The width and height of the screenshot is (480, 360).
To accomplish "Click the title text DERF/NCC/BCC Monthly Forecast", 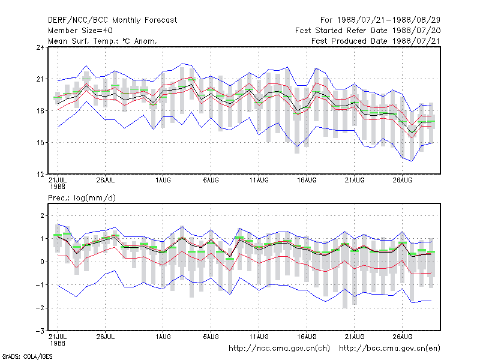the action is click(x=112, y=20).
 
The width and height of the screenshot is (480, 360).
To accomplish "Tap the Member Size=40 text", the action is click(x=80, y=31).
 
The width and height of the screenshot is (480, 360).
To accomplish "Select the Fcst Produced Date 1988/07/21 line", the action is click(x=376, y=41).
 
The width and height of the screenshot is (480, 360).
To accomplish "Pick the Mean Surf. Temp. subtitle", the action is click(x=103, y=41).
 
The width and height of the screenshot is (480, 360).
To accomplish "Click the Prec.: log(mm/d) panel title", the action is click(x=82, y=198).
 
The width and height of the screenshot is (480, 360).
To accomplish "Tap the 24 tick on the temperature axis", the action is click(x=40, y=47).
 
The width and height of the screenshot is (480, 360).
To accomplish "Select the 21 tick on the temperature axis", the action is click(x=40, y=79).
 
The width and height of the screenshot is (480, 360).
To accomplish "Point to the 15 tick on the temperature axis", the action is click(x=40, y=143).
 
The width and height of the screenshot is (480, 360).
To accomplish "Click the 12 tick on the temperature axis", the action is click(x=40, y=175).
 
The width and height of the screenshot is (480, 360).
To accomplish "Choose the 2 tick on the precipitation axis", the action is click(x=42, y=216).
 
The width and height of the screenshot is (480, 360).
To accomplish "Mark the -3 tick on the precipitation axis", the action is click(x=40, y=331).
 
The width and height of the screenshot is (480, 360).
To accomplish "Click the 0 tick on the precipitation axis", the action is click(x=42, y=262).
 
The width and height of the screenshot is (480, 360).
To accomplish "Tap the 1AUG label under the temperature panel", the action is click(x=163, y=181).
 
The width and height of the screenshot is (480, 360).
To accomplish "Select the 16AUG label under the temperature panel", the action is click(x=307, y=181).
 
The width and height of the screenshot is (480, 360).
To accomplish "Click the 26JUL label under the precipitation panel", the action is click(x=106, y=337).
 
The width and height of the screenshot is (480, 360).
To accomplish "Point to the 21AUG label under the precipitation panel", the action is click(x=355, y=337).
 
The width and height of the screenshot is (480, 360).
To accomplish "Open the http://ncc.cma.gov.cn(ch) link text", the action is click(x=279, y=349).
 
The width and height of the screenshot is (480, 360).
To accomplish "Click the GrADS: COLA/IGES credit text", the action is click(x=28, y=356).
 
